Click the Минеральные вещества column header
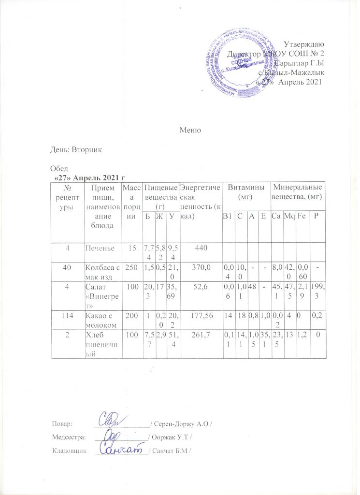pos(296,192)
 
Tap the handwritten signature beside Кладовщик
pos(119,449)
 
